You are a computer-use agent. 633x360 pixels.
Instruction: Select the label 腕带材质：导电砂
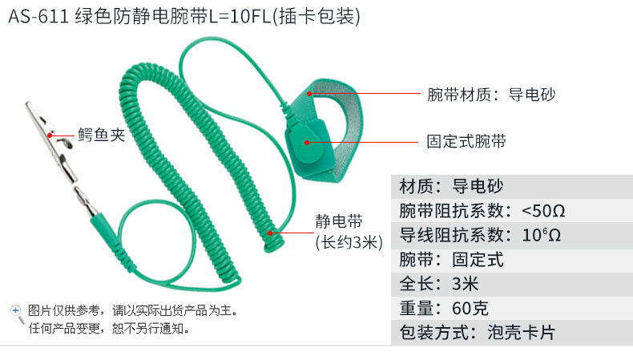490,95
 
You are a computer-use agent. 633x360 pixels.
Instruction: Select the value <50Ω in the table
543,212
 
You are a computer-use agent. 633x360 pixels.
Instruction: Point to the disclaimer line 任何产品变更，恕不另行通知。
108,328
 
